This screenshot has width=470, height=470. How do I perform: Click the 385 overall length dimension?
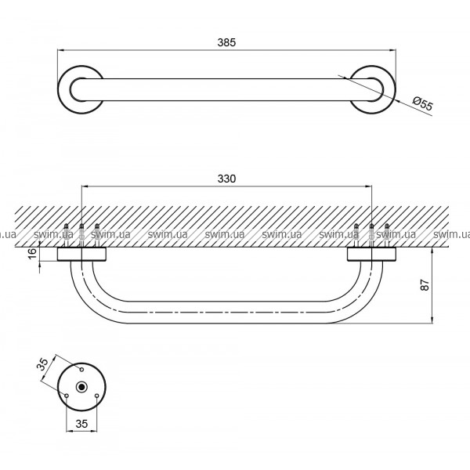pos(226,42)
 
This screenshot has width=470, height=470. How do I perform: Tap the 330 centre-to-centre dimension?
pos(226,179)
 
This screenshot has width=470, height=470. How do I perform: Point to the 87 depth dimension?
pos(425,285)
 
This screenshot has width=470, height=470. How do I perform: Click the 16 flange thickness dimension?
pos(34,253)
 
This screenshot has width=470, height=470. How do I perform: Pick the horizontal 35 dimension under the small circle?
pos(81,424)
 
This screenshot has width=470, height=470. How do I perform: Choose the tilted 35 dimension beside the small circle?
pos(44,364)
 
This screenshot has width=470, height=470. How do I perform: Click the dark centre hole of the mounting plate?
pos(81,387)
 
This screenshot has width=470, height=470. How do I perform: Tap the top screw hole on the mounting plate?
pos(81,370)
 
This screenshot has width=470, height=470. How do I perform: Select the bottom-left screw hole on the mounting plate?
pos(67,396)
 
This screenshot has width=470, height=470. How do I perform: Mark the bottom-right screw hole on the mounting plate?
pos(96,396)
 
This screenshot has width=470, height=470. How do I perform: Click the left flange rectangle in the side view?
pos(81,254)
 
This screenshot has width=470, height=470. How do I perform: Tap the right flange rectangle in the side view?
pos(371,254)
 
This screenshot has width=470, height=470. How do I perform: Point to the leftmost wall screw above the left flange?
pos(67,235)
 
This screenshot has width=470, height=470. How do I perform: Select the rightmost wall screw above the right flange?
pos(387,235)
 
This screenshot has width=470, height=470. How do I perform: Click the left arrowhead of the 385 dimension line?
pos(61,50)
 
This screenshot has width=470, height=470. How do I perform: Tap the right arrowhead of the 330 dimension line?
pos(368,186)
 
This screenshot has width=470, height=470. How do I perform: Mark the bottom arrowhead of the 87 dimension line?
pos(432,320)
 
